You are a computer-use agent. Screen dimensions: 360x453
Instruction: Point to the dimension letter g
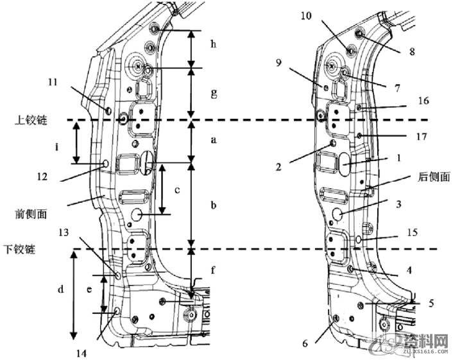click(214, 94)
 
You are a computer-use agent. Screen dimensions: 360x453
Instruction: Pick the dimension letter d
click(61, 290)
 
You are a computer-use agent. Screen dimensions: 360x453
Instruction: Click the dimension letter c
click(176, 190)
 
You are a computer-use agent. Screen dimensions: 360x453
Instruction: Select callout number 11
click(53, 82)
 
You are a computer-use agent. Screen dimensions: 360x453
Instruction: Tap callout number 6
click(305, 343)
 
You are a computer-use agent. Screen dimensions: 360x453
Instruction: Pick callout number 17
click(422, 136)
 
